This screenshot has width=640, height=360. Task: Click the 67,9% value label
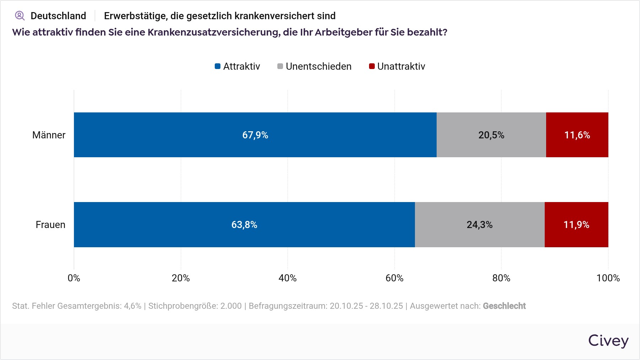point(255,135)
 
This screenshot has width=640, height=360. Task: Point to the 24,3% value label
point(480,225)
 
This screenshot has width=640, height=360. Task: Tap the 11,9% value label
point(576,225)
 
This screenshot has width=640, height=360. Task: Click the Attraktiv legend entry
point(238,67)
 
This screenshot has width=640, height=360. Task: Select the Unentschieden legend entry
point(314,67)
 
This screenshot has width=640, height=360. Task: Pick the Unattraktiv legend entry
point(397,67)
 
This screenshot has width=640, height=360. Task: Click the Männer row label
point(49,135)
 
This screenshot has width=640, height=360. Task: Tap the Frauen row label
point(50,225)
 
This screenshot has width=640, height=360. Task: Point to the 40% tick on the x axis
point(288,278)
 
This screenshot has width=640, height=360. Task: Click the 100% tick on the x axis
point(608,278)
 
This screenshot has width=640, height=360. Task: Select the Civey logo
point(608,341)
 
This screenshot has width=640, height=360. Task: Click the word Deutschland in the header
point(58,16)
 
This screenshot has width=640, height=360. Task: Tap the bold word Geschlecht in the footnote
point(504,306)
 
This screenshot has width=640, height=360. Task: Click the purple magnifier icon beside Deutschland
point(20,16)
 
